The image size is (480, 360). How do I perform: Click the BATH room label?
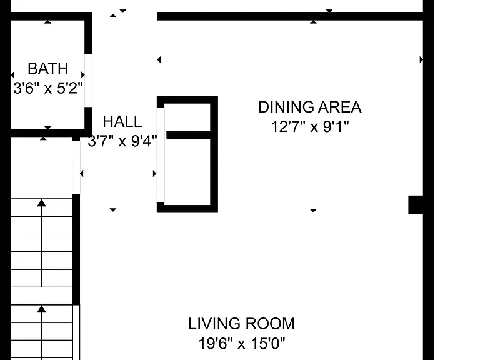(x=47, y=68)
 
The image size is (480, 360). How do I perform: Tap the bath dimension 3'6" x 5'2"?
(x=48, y=88)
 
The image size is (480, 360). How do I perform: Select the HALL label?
(x=122, y=121)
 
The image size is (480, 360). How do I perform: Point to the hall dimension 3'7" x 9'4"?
(x=122, y=141)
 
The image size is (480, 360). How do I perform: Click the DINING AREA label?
(x=310, y=107)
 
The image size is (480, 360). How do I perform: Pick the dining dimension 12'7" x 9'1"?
(x=310, y=126)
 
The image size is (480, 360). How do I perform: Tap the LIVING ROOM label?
(x=241, y=324)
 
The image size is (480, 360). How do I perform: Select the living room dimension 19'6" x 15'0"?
(x=241, y=344)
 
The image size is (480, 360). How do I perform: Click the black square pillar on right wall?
(x=416, y=205)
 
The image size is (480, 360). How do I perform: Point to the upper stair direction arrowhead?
(x=42, y=202)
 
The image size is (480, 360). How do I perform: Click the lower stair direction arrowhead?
(x=42, y=309)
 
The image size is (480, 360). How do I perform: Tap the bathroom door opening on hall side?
(x=89, y=81)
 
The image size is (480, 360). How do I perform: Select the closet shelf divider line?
(x=188, y=135)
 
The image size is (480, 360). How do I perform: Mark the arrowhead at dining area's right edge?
(x=421, y=60)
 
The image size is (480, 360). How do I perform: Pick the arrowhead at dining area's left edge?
(x=159, y=60)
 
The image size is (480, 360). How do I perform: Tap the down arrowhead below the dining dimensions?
(x=313, y=210)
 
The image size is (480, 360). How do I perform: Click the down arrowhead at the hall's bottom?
(x=113, y=210)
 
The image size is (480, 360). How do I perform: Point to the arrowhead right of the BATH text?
(x=82, y=75)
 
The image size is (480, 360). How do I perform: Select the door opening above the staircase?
(x=76, y=167)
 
